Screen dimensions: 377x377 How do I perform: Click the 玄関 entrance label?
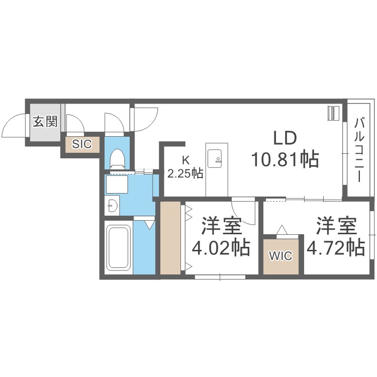coord(45,122)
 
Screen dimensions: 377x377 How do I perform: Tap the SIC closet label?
coord(82,144)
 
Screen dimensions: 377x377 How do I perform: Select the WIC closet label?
coord(280,255)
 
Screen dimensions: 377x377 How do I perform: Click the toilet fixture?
coord(117,159)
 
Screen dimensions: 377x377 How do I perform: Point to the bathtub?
coord(119,248)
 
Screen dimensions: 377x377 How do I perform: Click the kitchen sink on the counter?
coord(215,159)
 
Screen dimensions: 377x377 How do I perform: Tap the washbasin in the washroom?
coord(113,206)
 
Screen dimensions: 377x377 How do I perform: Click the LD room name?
coord(285,138)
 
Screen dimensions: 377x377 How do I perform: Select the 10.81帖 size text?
coord(285,159)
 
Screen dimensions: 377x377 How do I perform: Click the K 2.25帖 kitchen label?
coord(185,167)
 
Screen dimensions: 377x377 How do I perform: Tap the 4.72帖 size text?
coord(336,248)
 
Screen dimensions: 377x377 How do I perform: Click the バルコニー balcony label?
coord(359,150)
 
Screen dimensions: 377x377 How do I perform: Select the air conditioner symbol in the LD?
coord(333,113)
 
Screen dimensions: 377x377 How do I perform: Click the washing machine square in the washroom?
coord(117,184)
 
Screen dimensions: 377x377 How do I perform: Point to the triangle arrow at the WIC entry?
coord(282,229)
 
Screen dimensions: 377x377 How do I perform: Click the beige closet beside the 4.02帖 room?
coord(170,238)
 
